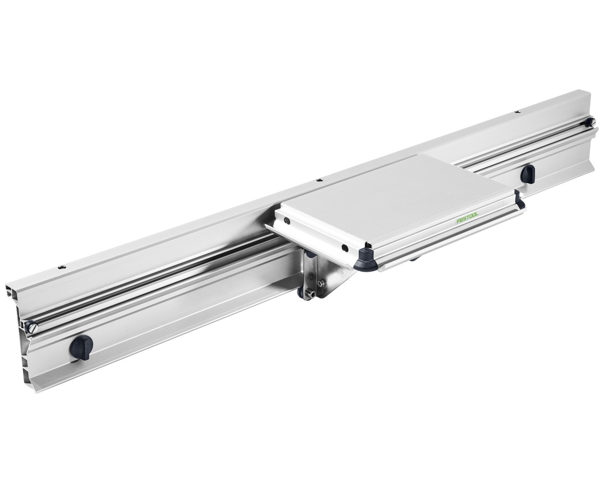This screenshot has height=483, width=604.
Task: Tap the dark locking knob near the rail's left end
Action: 82,346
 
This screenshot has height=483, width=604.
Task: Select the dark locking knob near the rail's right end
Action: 527,174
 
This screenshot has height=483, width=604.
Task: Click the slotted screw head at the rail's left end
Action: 32,327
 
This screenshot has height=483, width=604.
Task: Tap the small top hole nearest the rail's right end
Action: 516,112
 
